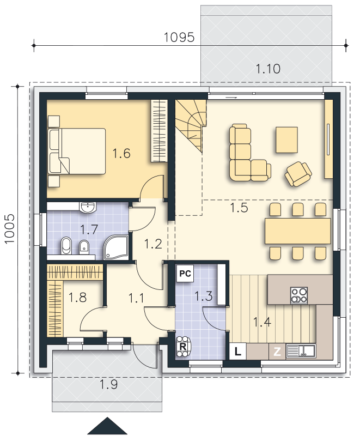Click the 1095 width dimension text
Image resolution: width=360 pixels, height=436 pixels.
[179, 37]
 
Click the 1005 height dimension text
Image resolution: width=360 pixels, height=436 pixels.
[10, 228]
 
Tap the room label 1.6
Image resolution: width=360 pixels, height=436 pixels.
[121, 153]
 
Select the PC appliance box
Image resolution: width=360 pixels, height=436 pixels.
[185, 274]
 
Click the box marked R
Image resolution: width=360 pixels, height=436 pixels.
[183, 347]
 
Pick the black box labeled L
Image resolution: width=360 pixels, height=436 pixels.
[238, 352]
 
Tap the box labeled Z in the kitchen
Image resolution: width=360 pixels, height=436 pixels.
[277, 352]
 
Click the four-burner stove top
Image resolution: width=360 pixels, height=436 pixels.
[299, 295]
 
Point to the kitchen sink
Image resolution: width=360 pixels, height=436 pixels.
[301, 350]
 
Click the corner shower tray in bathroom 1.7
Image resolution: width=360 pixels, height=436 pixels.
[116, 247]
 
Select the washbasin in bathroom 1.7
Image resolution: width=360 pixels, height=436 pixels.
[88, 208]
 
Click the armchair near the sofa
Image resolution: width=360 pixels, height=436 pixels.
[298, 174]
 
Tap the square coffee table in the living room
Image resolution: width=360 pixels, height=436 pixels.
[286, 140]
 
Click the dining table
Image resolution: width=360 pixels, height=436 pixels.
[297, 231]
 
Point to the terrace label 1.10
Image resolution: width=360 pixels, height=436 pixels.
[268, 69]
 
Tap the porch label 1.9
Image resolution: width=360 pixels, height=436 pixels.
[108, 385]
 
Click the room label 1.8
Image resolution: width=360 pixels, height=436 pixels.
[77, 298]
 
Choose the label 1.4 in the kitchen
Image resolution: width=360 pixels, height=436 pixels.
[262, 322]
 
